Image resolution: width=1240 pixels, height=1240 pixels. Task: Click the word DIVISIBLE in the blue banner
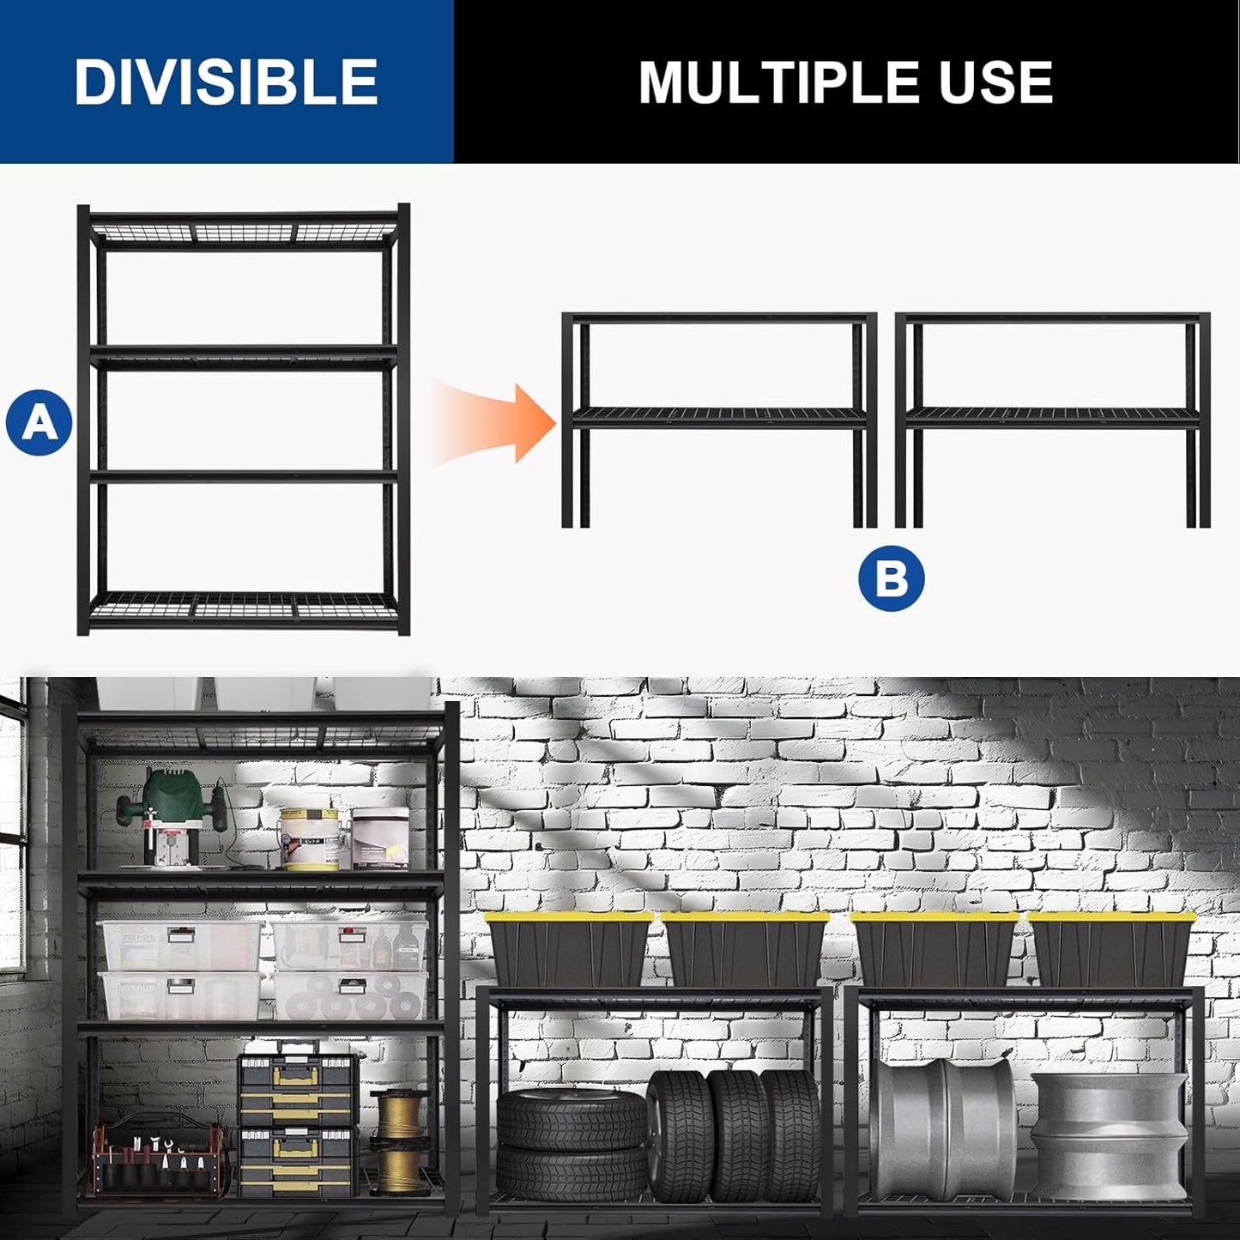tap(226, 82)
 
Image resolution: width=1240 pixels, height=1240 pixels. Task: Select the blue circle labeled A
tap(39, 422)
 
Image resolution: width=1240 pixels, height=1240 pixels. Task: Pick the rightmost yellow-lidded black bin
tap(1110, 949)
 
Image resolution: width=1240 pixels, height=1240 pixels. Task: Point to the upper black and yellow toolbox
tap(298, 1081)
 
